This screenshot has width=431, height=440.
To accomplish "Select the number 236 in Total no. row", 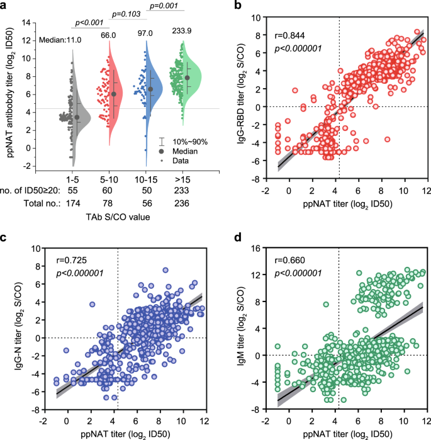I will point(183,202).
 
